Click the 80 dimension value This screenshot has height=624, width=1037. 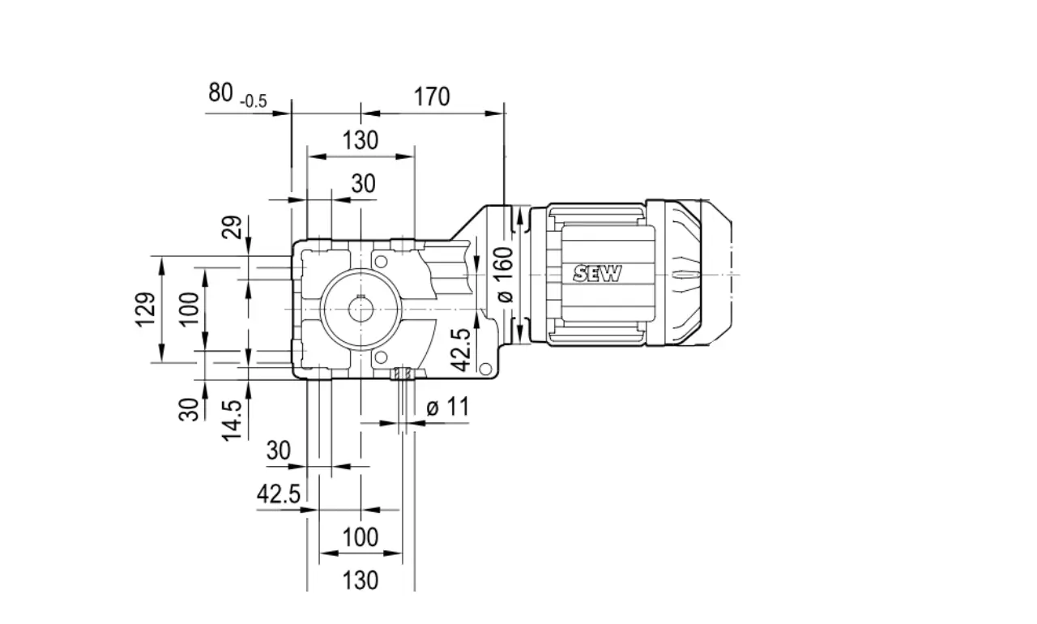point(220,92)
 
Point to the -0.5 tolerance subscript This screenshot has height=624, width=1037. point(254,101)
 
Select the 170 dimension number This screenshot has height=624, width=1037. point(432,96)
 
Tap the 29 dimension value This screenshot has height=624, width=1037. point(232,227)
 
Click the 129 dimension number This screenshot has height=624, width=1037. point(145,310)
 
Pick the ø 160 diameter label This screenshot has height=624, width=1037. point(504,275)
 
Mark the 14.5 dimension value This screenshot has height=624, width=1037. point(232,421)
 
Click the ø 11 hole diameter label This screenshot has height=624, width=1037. point(448,407)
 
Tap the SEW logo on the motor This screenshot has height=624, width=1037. point(597,274)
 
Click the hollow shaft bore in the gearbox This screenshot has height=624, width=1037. point(361,310)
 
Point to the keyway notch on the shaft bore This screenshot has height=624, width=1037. point(361,297)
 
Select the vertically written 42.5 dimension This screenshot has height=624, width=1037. point(461,349)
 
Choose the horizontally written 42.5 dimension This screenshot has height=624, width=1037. point(279,494)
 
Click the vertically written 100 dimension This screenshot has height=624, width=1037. point(189,310)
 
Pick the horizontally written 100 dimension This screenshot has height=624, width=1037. point(361,537)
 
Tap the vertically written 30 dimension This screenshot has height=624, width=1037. point(189,410)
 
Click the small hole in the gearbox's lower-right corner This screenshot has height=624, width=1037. point(485,369)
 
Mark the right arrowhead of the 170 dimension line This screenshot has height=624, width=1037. point(494,113)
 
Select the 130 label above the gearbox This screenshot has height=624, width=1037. point(361,140)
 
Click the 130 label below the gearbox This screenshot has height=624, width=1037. point(361,580)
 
